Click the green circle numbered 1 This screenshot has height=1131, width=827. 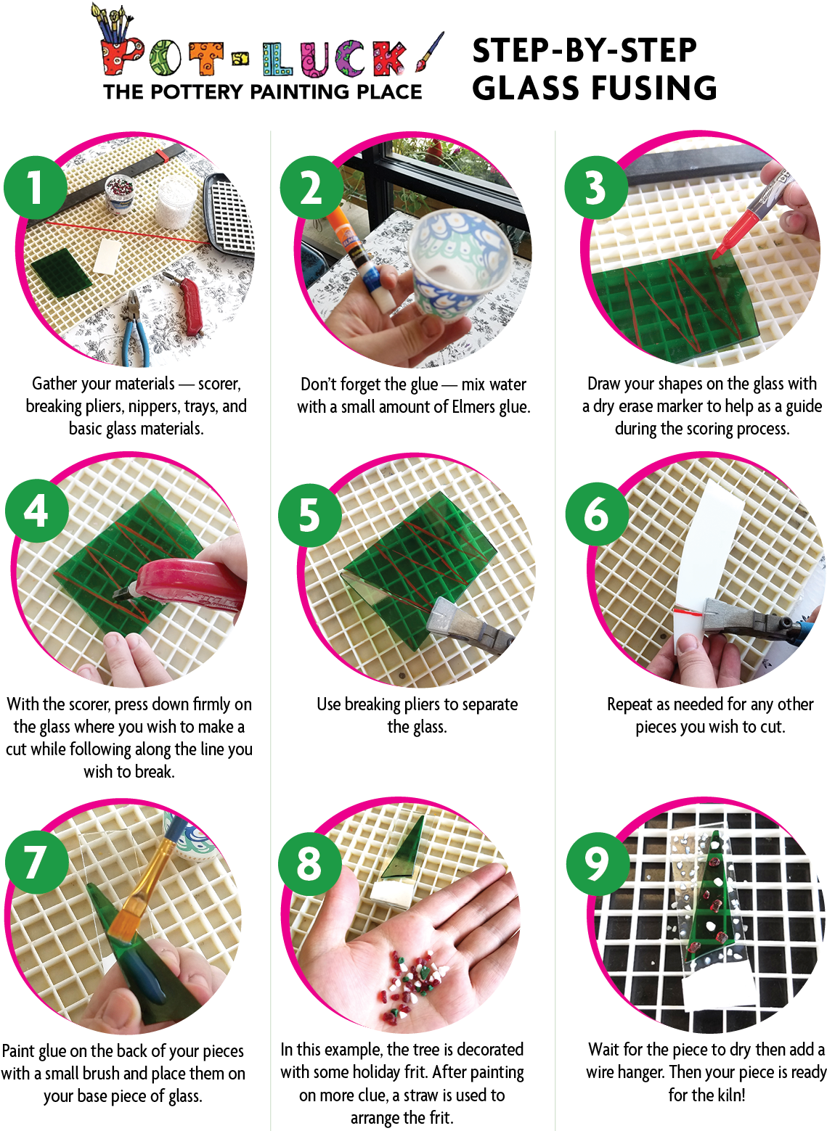click(x=36, y=188)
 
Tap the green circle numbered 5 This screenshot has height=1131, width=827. click(x=310, y=514)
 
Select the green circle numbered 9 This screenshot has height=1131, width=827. click(x=598, y=863)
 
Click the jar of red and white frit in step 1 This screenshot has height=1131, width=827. click(x=119, y=193)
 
